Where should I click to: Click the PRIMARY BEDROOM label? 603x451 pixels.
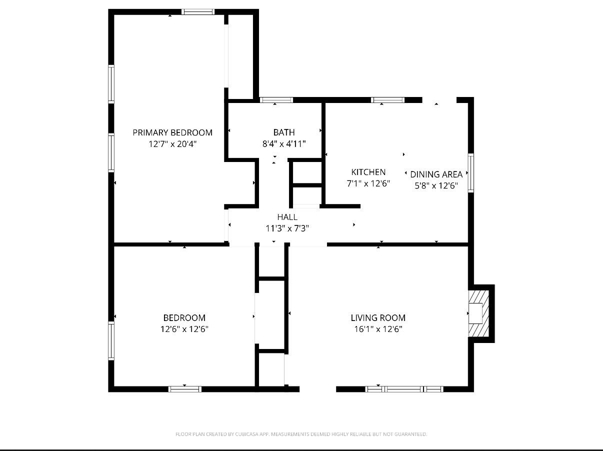[172, 132]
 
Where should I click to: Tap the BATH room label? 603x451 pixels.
[284, 132]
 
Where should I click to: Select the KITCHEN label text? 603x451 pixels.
[368, 172]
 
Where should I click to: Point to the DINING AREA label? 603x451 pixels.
[436, 174]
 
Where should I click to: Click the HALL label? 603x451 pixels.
[287, 217]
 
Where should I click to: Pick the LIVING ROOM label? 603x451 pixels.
[378, 318]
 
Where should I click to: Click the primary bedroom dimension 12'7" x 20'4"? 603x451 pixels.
[172, 144]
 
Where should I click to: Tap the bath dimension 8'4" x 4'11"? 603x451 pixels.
[284, 144]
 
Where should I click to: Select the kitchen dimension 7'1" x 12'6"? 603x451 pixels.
[368, 183]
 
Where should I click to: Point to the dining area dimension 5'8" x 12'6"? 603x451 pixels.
[436, 186]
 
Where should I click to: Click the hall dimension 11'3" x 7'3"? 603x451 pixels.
[287, 228]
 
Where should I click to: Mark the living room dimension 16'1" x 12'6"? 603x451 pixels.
[378, 329]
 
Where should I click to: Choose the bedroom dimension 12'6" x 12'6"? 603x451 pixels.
[184, 329]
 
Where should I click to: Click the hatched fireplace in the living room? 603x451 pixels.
[477, 313]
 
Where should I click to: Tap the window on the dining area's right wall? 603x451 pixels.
[470, 173]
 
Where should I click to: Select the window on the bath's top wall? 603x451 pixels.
[276, 100]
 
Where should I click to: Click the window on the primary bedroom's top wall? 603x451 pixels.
[197, 12]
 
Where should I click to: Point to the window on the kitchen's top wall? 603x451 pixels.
[388, 100]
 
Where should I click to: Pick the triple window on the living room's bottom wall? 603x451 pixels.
[404, 389]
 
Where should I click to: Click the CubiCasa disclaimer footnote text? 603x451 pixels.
[301, 434]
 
